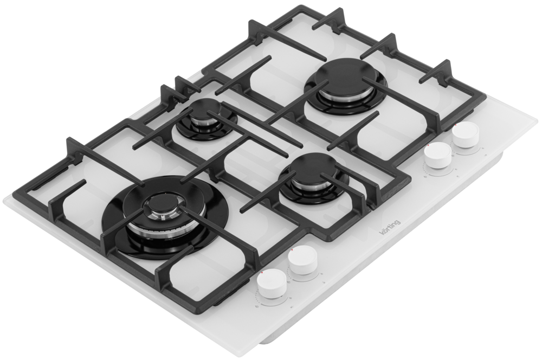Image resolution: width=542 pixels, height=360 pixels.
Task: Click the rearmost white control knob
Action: (x=466, y=136)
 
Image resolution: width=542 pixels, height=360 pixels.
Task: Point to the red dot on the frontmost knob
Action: (x=263, y=273)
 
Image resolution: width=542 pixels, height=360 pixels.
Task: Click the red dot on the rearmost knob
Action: (x=456, y=125)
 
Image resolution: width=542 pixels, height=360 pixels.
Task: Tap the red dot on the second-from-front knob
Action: (x=293, y=249)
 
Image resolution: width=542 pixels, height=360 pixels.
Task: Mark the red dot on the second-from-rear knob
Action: (x=428, y=145)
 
